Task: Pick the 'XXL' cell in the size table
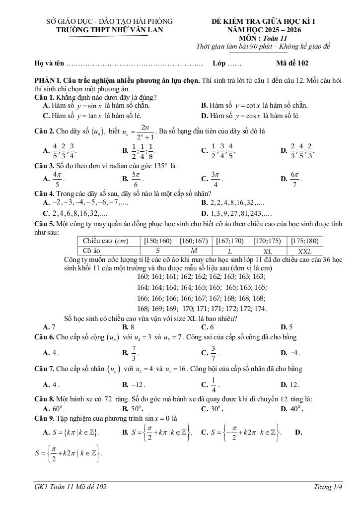304,252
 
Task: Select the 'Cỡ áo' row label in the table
92,252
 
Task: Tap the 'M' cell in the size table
194,252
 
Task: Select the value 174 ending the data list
260,309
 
